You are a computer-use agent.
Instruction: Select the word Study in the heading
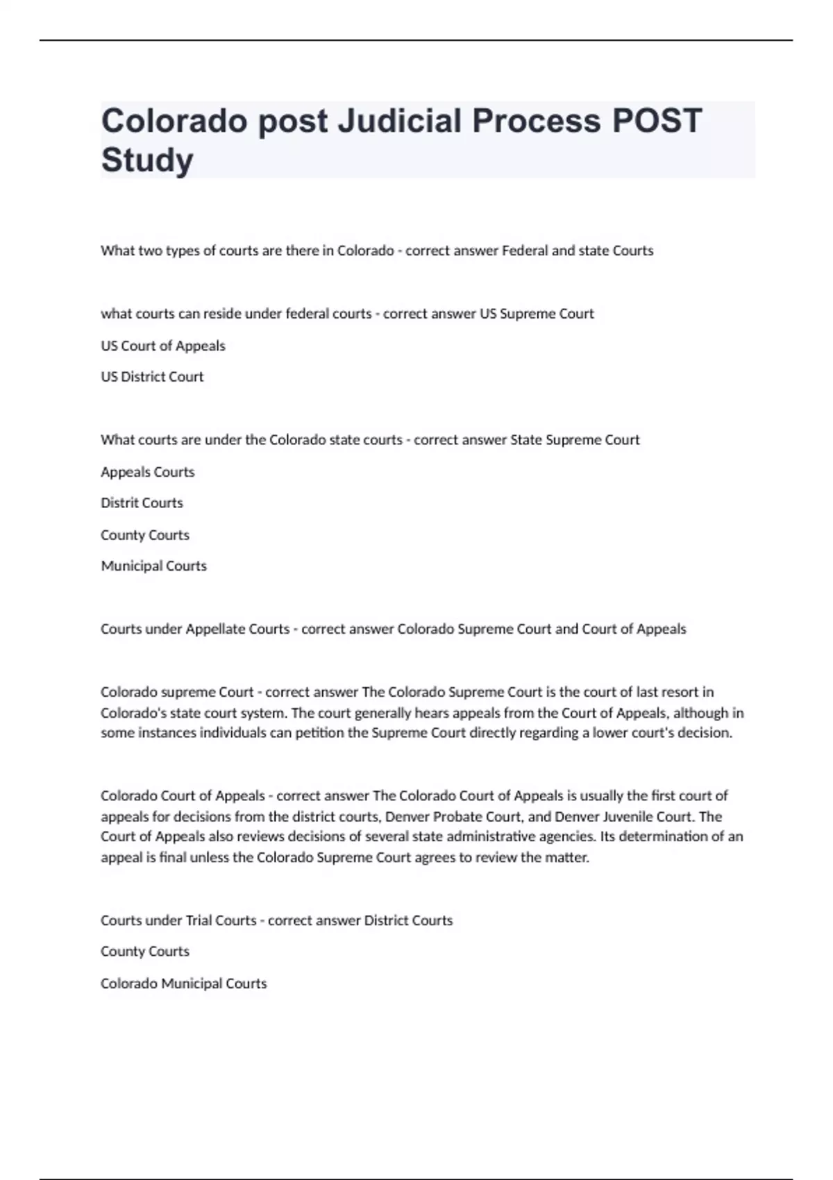(147, 160)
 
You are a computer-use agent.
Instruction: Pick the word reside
(220, 314)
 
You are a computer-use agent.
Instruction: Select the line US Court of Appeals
(163, 346)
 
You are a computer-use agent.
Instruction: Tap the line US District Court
(152, 377)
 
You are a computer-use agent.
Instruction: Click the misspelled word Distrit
(119, 503)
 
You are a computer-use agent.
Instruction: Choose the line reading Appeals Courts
(148, 472)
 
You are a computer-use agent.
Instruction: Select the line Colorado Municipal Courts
(184, 984)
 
